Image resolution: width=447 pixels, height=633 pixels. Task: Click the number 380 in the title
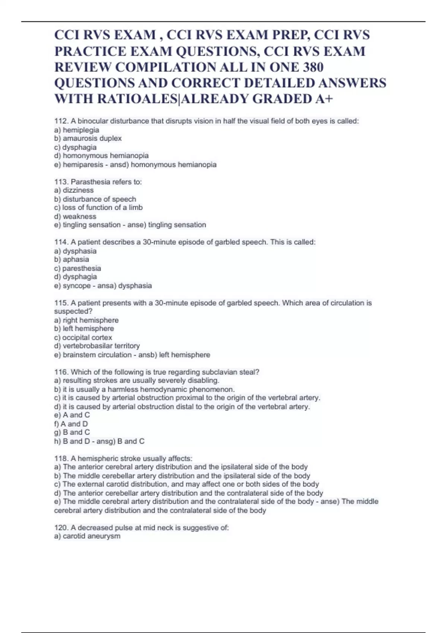click(313, 67)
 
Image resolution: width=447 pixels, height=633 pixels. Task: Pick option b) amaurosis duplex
click(88, 139)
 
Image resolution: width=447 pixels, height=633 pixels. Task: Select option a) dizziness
click(74, 190)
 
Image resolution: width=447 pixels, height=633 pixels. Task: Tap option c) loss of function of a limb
click(98, 207)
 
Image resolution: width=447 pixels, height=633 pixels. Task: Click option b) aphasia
click(72, 260)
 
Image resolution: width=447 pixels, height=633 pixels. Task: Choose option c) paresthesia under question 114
click(77, 268)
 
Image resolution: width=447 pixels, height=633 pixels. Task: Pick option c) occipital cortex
click(83, 337)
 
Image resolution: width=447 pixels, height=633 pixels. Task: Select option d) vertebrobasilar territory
click(97, 346)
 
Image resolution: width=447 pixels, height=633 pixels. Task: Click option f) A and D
click(71, 424)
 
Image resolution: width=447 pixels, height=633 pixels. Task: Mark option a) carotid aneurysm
click(87, 536)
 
